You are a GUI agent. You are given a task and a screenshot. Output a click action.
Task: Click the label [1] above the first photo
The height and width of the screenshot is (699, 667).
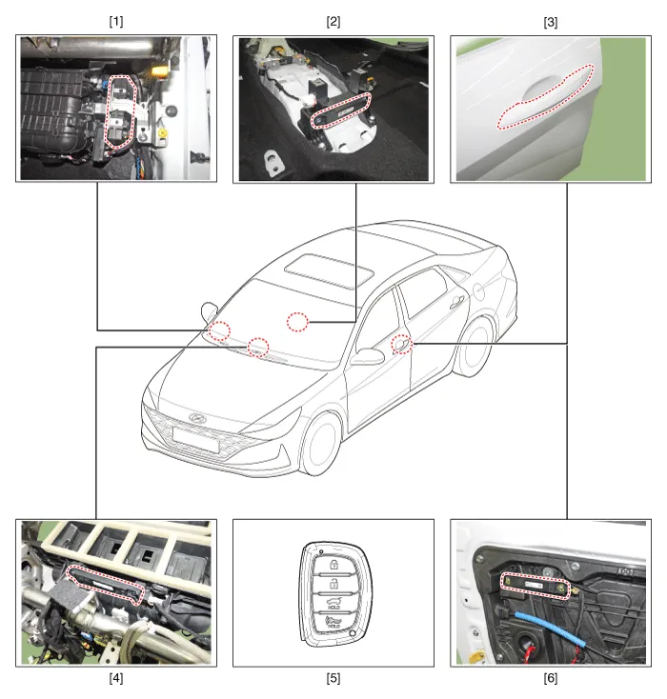click(x=116, y=21)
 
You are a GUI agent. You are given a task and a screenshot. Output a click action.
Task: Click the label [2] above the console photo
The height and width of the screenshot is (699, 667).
click(x=333, y=21)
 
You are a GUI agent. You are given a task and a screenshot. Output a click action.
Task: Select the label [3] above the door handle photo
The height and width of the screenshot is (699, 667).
click(x=551, y=22)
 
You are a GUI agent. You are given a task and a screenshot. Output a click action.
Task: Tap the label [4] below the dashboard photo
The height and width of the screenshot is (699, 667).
click(x=116, y=678)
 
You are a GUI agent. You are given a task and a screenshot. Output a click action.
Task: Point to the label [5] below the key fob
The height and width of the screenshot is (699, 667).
click(x=333, y=678)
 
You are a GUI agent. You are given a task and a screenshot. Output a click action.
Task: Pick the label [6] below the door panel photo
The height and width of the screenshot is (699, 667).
click(x=551, y=678)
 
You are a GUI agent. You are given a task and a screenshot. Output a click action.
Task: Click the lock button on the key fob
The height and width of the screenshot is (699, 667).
click(x=333, y=566)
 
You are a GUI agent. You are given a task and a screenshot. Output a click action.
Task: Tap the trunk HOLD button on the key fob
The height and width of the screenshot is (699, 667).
click(x=333, y=603)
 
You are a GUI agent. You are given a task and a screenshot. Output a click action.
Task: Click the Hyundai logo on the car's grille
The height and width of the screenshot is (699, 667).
click(x=195, y=418)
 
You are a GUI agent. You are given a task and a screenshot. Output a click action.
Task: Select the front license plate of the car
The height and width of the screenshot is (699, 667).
click(x=196, y=440)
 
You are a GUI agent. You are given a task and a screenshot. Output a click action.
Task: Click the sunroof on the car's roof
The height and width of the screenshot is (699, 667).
click(x=330, y=270)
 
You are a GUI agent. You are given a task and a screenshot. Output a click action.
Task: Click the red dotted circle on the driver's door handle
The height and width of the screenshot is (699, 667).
click(x=402, y=345)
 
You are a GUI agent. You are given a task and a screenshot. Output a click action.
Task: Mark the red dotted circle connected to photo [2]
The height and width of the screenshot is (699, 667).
click(x=297, y=322)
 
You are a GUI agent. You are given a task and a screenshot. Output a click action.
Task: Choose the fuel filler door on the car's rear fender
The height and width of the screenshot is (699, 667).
click(x=478, y=290)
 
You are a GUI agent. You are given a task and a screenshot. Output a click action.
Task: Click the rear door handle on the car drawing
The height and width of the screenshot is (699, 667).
click(x=455, y=304)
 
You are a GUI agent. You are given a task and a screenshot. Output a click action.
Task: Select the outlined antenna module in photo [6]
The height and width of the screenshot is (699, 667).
click(x=536, y=586)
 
